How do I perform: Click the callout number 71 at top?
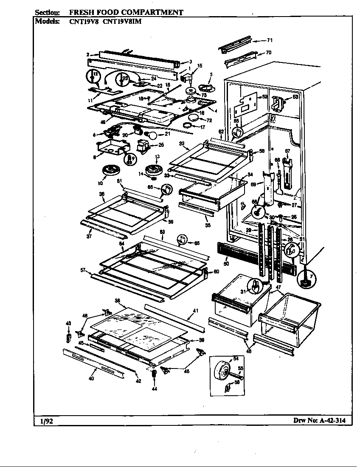click(269, 40)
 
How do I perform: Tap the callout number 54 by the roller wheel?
click(236, 359)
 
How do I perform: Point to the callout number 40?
click(91, 379)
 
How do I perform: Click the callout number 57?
click(83, 270)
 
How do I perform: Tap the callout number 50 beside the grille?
click(226, 264)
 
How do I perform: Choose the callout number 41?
click(196, 311)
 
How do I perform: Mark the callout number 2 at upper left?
click(87, 54)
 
